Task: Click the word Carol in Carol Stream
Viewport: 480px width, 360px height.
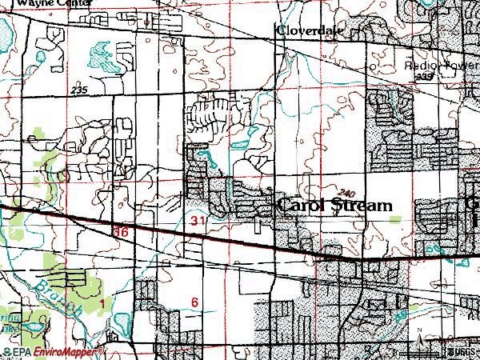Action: [x=302, y=205]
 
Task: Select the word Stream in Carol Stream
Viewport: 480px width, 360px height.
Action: [x=362, y=205]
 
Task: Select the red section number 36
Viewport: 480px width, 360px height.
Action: [x=121, y=231]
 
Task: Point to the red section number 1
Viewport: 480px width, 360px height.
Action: [x=102, y=302]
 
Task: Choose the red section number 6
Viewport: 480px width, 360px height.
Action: [x=194, y=302]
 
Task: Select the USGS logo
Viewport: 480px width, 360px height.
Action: [x=463, y=351]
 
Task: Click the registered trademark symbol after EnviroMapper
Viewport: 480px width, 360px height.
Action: [x=102, y=350]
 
